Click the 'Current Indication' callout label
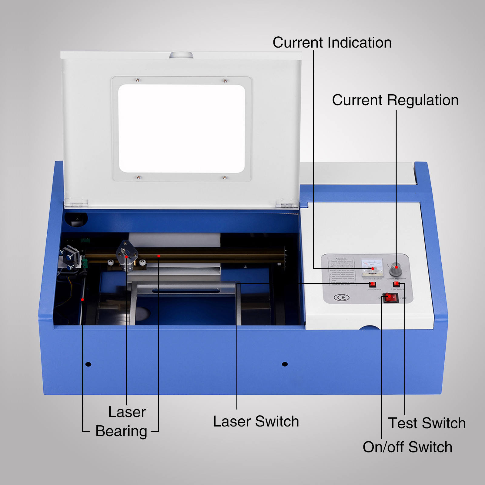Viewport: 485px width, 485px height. (332, 42)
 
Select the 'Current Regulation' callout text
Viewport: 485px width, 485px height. (395, 100)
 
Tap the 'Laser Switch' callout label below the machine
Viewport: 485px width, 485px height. (256, 421)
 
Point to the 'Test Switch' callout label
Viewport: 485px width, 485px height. (427, 423)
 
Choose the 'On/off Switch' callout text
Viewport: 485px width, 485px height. (407, 447)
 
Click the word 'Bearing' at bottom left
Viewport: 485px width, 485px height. (121, 431)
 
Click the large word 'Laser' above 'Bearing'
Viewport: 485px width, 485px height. (127, 412)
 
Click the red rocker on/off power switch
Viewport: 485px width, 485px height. (390, 297)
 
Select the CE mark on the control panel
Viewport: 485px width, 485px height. (341, 297)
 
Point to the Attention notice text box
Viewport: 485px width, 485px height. (342, 271)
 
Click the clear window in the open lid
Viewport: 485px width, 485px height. (182, 129)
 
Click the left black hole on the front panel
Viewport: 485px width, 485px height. (88, 364)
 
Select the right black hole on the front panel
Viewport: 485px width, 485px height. (285, 364)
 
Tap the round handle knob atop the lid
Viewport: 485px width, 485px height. (181, 55)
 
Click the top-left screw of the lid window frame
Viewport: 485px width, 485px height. (138, 80)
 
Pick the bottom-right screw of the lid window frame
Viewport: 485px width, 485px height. (225, 177)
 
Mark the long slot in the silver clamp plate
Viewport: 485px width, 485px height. (186, 291)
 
